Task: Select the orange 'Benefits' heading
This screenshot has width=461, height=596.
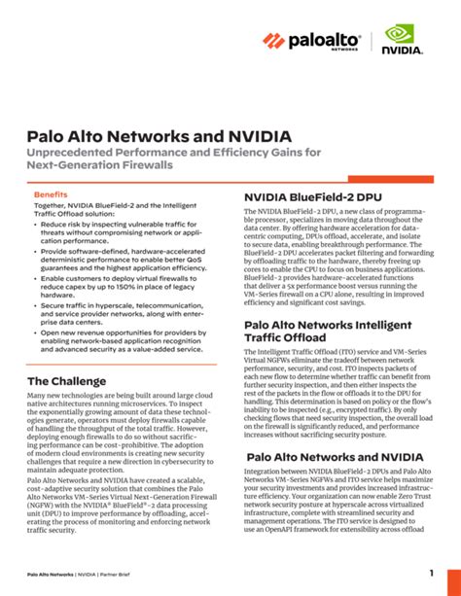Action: point(51,194)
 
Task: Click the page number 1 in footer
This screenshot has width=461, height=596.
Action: point(431,573)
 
